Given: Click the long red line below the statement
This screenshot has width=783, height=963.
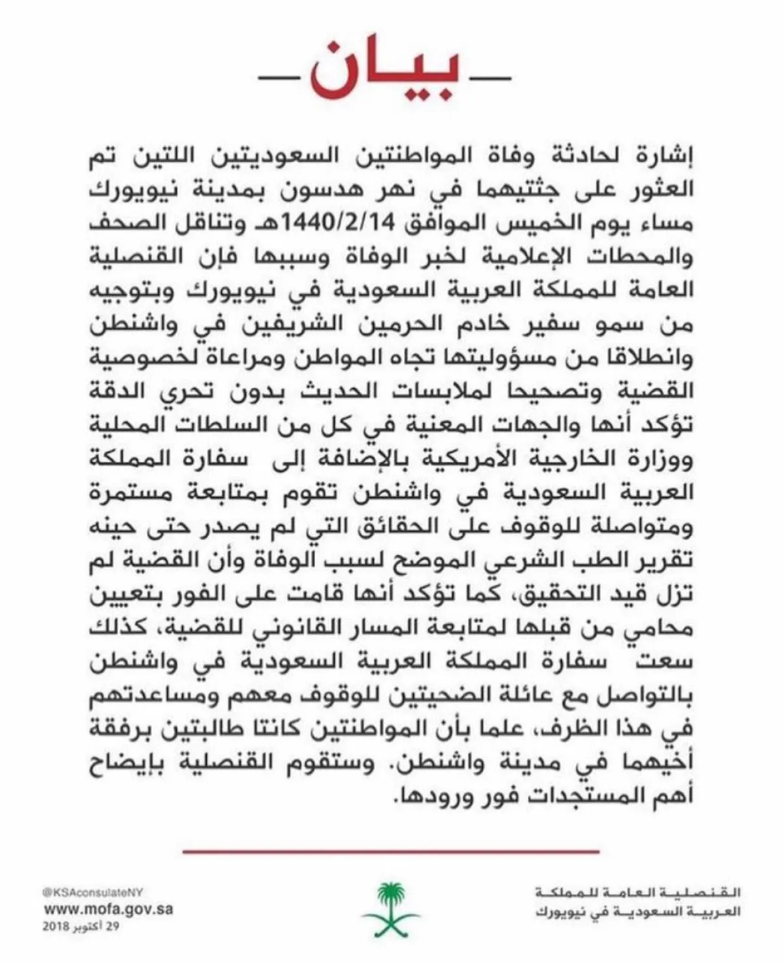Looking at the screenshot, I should coord(391,851).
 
